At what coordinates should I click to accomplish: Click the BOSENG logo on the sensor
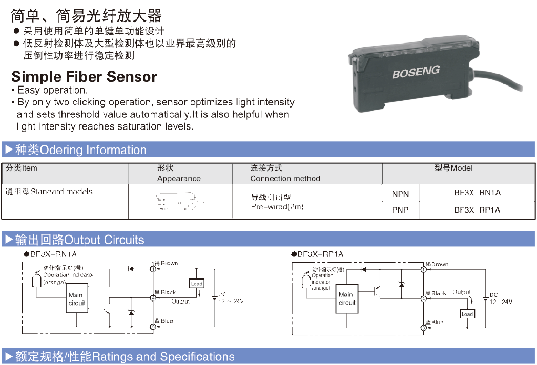[x=416, y=72]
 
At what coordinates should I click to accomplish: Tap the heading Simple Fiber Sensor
[x=84, y=77]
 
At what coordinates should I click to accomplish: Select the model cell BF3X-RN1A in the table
[x=477, y=193]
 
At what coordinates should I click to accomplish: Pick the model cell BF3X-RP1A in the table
[x=477, y=210]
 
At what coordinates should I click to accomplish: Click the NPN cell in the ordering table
[x=400, y=194]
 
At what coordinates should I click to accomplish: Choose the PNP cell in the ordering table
[x=400, y=210]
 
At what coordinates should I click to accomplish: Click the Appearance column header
[x=179, y=179]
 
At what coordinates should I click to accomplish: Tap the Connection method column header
[x=285, y=179]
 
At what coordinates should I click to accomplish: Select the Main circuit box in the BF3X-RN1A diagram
[x=77, y=299]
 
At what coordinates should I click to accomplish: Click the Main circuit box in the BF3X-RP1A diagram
[x=346, y=298]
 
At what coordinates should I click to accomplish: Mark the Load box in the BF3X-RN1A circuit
[x=197, y=284]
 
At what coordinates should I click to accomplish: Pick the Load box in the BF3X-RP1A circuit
[x=467, y=314]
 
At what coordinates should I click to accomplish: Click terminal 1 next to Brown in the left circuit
[x=153, y=268]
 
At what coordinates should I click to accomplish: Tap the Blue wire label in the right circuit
[x=435, y=323]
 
